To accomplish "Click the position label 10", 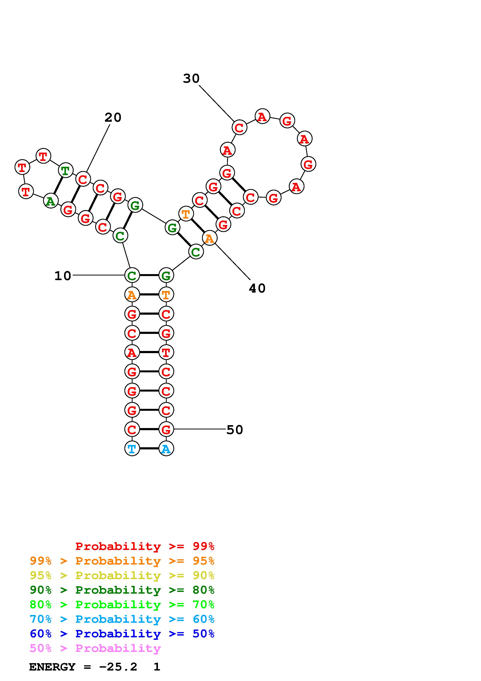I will pos(62,276).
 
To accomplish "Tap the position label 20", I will pos(113,118).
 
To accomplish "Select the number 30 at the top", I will pos(191,79).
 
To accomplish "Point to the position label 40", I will pos(257,288).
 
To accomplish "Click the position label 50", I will pos(234,430).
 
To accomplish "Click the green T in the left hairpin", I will pos(66,171).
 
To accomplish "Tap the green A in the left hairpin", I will pos(51,201).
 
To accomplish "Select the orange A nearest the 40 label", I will pos(210,238).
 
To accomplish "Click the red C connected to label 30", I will pos(239,128).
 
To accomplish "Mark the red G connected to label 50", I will pos(166,429).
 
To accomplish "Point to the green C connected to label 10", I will pos(132,275).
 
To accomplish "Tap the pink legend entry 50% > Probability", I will pos(95,648).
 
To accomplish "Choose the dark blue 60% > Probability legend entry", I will pos(122,634).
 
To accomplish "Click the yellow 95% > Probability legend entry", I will pos(122,575).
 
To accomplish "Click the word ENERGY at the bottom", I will pos(52,667).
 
